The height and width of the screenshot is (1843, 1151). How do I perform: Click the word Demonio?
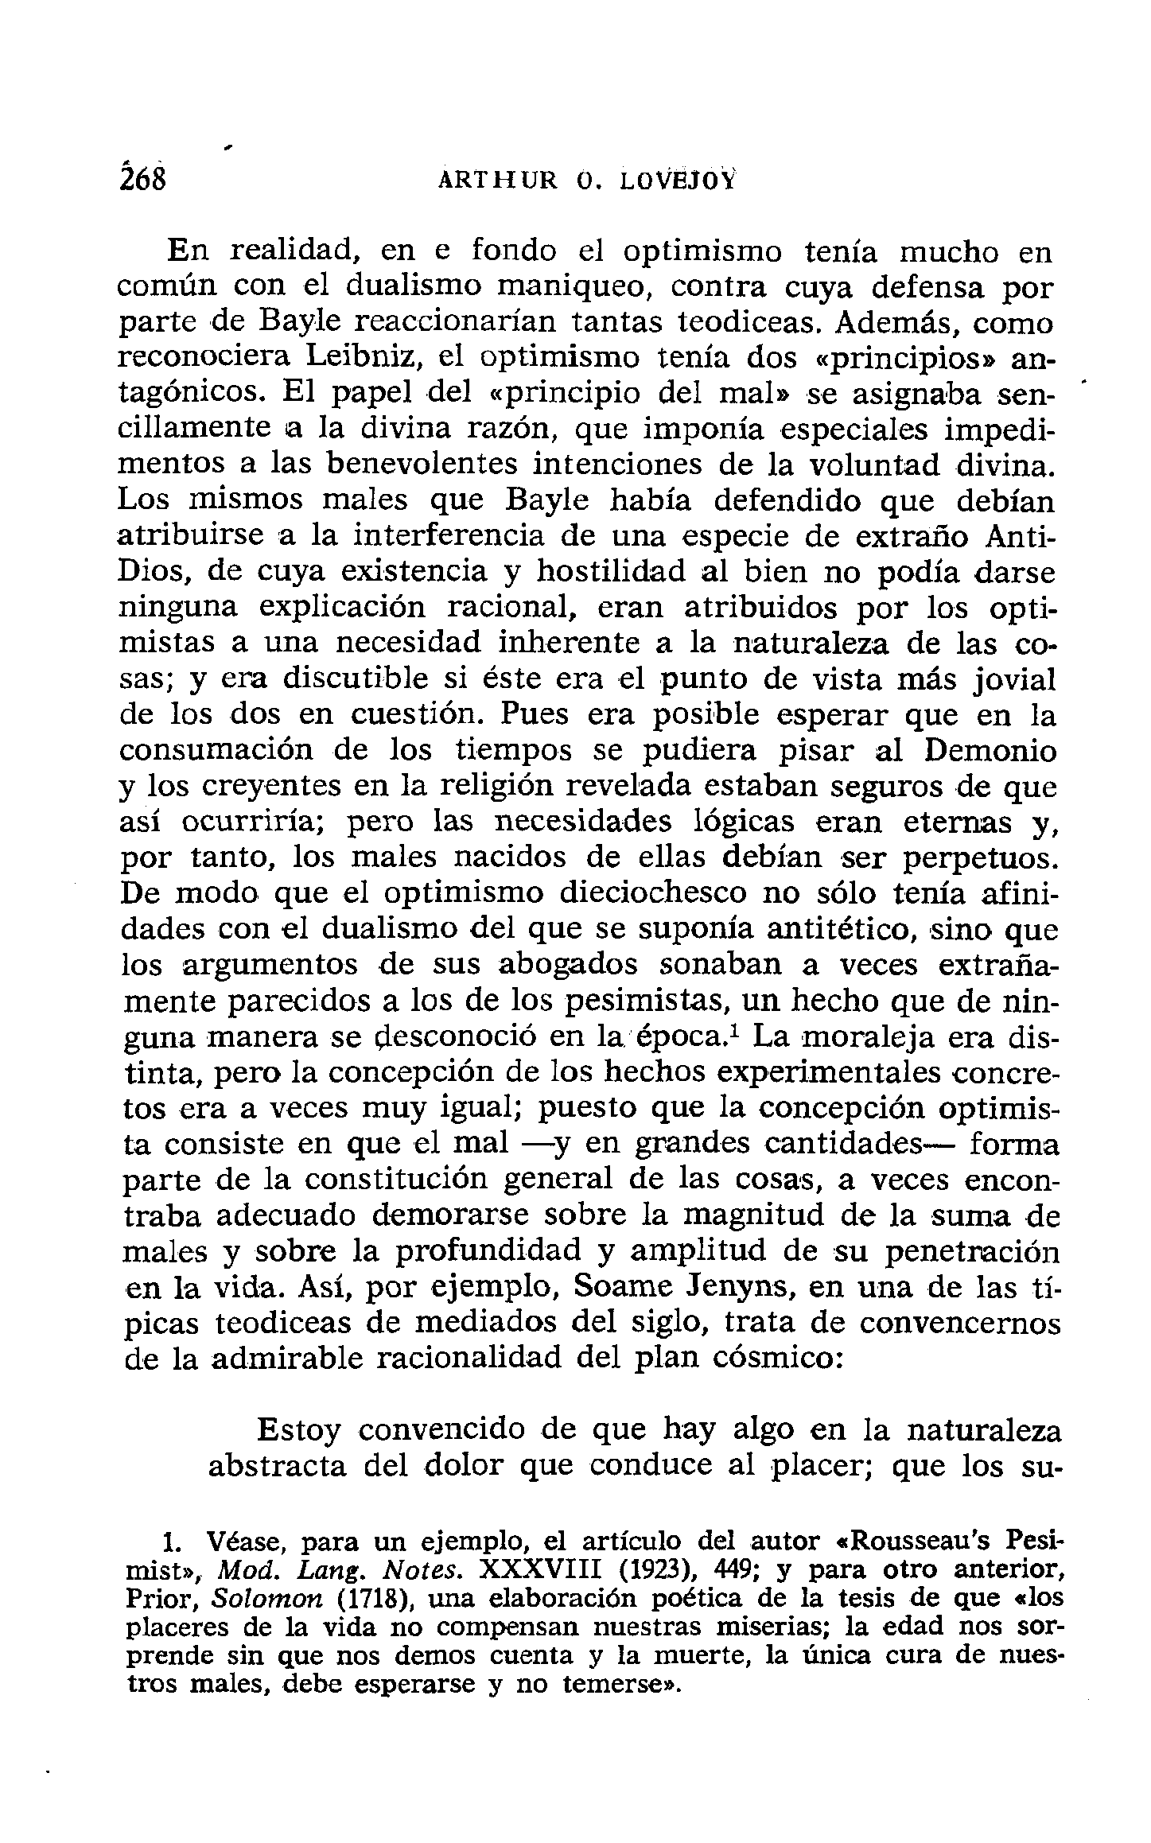tap(993, 751)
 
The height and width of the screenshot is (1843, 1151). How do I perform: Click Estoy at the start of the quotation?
tap(299, 1430)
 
